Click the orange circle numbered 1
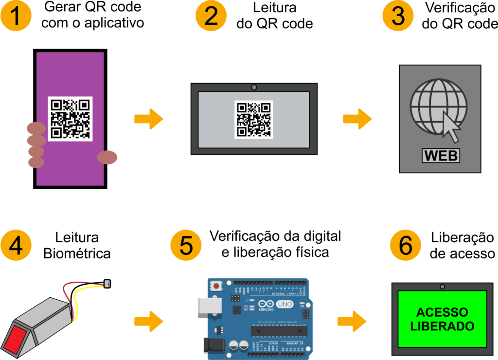(x=16, y=16)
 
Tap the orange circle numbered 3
(x=398, y=16)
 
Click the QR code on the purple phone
(x=70, y=119)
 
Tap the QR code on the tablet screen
(x=253, y=119)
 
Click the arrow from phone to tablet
(x=148, y=119)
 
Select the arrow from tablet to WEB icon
(x=357, y=119)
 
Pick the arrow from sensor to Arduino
(x=148, y=321)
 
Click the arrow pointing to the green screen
(x=352, y=321)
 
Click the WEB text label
(x=440, y=156)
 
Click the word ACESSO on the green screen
(x=442, y=312)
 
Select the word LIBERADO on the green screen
(x=442, y=326)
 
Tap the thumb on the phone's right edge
(x=107, y=157)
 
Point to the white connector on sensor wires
(x=108, y=283)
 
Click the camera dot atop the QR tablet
(x=253, y=88)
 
